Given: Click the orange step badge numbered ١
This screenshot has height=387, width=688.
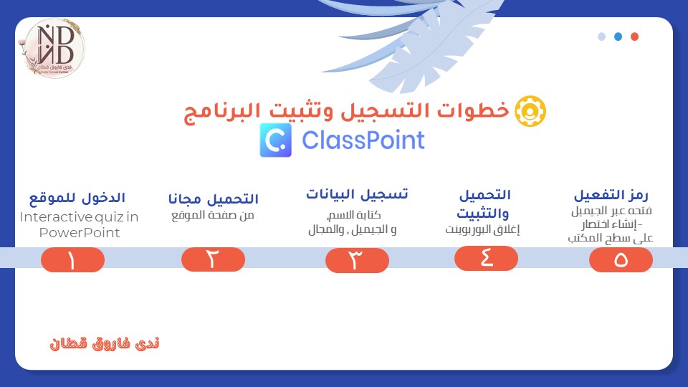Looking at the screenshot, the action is [73, 259].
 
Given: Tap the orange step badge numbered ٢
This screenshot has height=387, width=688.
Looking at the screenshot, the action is [214, 259].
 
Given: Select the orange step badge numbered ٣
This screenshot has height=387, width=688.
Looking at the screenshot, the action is [357, 260].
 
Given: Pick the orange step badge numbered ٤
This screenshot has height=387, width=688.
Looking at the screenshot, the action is [486, 258].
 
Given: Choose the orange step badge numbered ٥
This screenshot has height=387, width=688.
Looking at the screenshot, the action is [621, 259].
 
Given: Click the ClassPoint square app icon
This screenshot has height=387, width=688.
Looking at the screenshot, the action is [275, 140].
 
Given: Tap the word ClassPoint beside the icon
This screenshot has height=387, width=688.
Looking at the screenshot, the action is [363, 140].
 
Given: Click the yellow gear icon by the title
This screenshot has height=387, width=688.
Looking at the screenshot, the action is [530, 111].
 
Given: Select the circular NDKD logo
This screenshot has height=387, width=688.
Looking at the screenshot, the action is [53, 48].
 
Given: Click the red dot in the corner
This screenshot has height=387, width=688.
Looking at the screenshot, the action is [634, 37].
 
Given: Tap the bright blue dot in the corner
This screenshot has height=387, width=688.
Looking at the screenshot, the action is [618, 37].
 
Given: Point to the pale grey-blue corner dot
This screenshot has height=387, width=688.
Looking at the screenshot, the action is [601, 37].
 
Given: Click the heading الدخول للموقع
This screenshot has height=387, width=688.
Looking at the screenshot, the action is [77, 199].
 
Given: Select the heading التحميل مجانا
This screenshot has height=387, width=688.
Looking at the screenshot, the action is [214, 199].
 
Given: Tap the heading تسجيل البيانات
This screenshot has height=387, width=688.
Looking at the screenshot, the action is [357, 194].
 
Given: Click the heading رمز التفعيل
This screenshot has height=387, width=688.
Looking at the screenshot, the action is [611, 195].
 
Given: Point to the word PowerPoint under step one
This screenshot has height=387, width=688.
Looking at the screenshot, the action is [80, 232].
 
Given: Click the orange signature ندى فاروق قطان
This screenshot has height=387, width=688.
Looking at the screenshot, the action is [105, 343].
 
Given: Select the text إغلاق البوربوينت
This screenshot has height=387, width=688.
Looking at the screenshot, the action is [482, 229].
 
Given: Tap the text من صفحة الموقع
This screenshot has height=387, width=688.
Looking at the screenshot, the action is [213, 216].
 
